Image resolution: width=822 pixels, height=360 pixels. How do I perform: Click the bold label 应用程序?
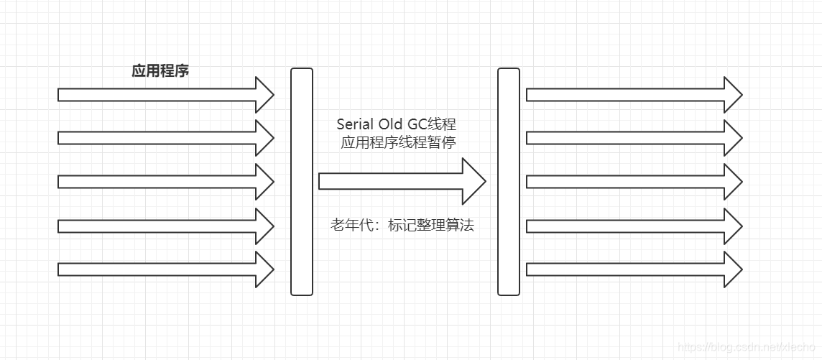point(160,71)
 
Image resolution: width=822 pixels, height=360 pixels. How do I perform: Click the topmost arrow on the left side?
point(165,95)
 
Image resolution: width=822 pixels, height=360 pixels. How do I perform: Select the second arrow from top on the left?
point(165,138)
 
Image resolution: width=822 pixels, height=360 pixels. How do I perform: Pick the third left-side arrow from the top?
point(165,182)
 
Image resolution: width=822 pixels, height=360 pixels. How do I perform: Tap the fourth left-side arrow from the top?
point(165,226)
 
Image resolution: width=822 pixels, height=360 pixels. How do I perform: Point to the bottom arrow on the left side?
point(165,269)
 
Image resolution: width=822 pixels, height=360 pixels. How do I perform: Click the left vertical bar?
point(302,181)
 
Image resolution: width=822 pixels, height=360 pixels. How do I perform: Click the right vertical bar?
point(508,181)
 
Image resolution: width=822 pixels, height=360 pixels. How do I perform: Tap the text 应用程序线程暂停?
point(398,142)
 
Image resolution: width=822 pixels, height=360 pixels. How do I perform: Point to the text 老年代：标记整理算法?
point(402,226)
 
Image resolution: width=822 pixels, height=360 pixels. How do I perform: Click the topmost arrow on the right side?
point(632,95)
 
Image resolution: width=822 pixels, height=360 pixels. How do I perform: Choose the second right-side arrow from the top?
point(632,138)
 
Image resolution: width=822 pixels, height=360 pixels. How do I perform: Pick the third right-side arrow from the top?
point(632,182)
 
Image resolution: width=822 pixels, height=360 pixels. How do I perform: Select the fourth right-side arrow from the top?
point(632,226)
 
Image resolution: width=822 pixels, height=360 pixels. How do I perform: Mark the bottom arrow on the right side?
point(632,269)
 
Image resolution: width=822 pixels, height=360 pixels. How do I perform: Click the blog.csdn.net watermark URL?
point(748,347)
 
